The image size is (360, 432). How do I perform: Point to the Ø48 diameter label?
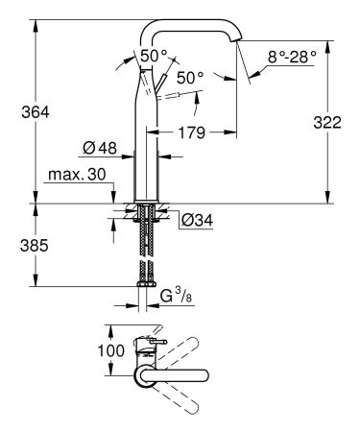99,148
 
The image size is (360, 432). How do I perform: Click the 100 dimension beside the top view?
112,350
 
